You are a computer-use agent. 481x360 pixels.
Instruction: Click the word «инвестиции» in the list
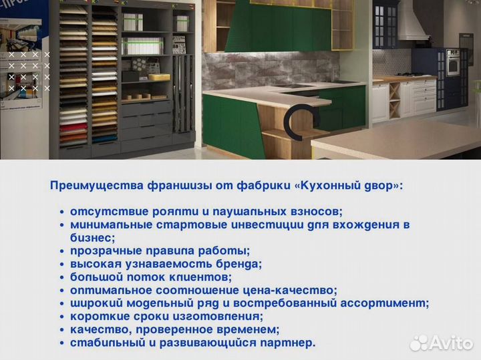coord(270,224)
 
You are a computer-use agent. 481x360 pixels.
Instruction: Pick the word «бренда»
coord(239,264)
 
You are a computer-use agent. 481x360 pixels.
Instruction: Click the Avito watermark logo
coord(442,343)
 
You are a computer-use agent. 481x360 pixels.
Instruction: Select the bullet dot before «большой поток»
coord(62,277)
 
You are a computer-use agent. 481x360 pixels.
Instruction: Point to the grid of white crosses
coord(29,71)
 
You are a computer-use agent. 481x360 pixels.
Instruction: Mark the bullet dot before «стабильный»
coord(62,343)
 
